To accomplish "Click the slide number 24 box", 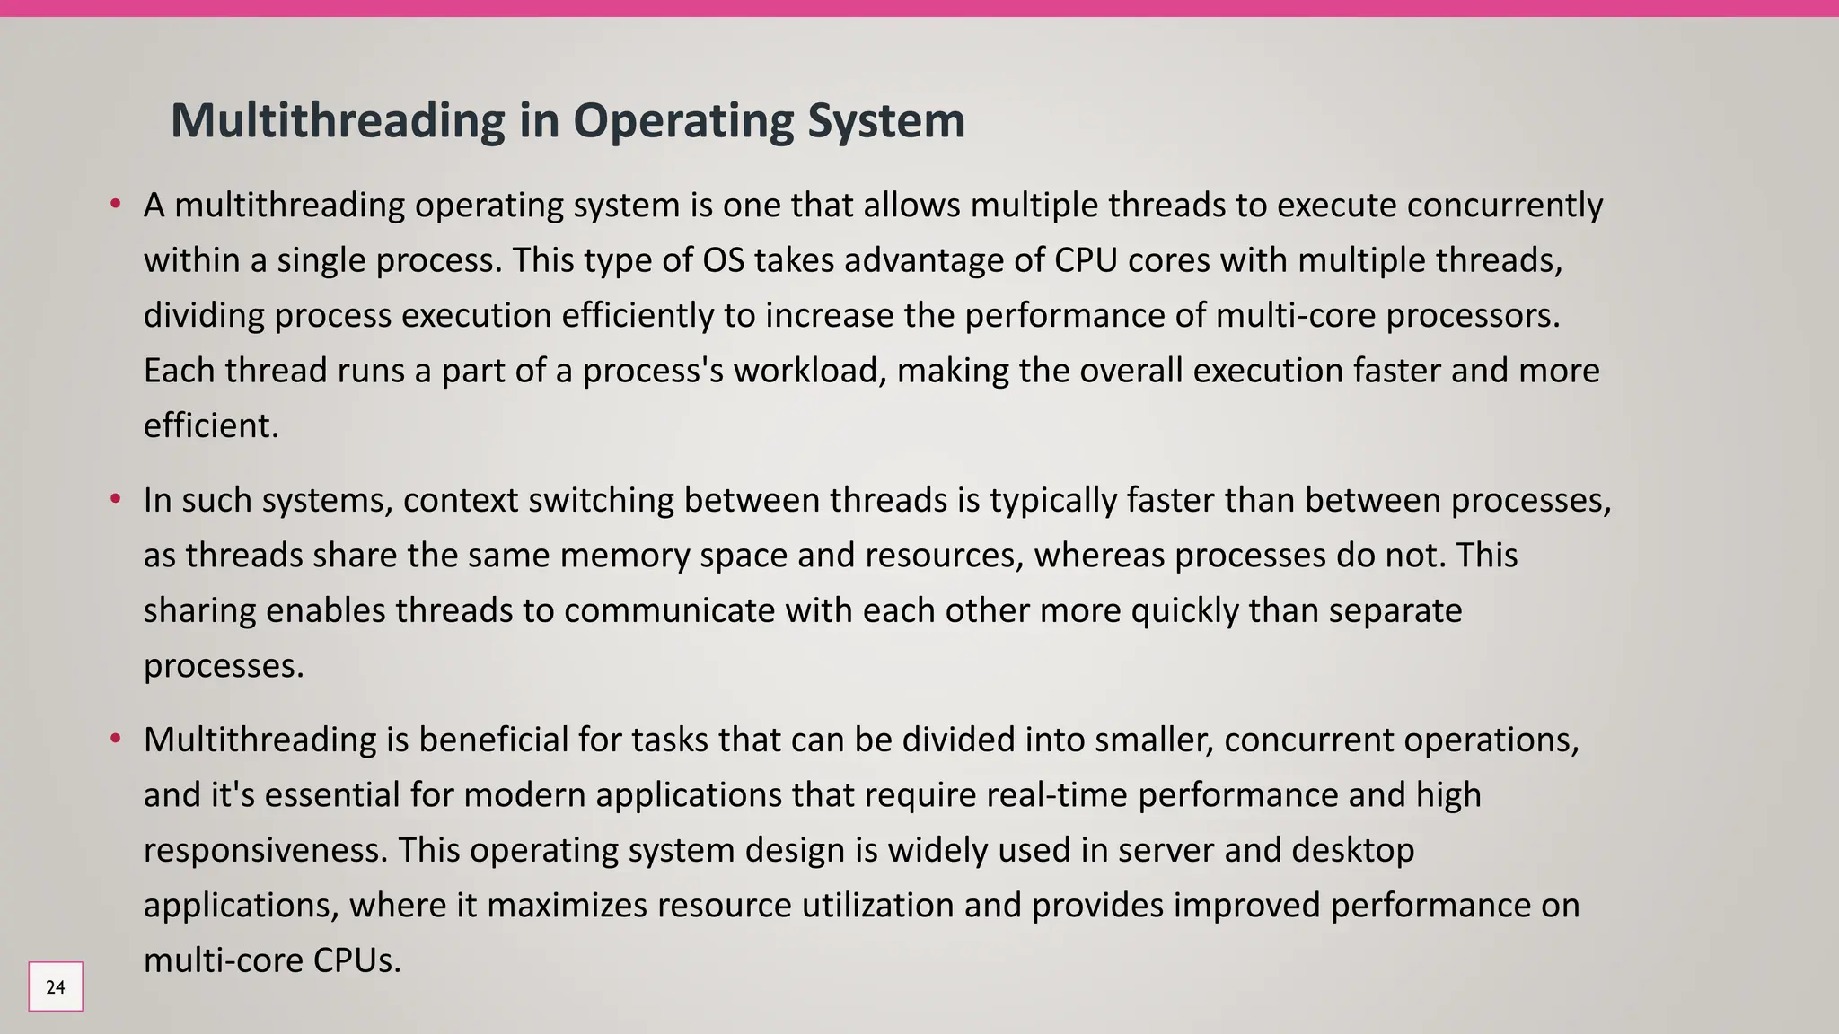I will coord(56,986).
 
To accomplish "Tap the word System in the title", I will coord(886,120).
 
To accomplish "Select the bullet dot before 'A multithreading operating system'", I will coord(115,205).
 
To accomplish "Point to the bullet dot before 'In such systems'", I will coord(115,499).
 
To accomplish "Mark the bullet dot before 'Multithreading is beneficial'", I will coord(115,740).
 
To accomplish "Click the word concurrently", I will coord(1504,206).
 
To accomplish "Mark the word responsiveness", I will coord(266,850).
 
